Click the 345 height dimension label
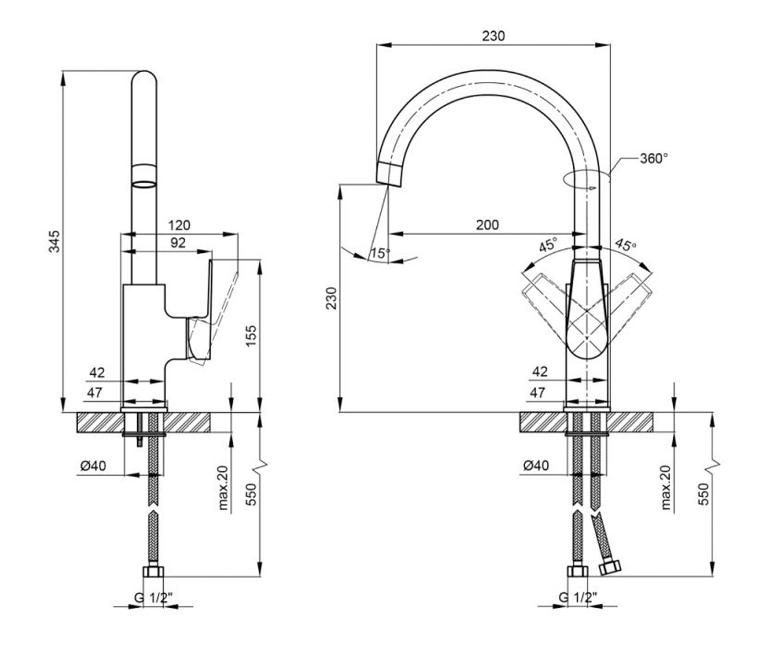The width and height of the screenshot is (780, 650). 55,241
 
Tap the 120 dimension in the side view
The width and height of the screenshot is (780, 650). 179,226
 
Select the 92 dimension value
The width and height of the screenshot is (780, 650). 178,243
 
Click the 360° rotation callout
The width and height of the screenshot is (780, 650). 654,159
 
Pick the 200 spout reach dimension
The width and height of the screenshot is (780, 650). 487,225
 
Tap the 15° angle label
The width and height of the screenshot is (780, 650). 380,253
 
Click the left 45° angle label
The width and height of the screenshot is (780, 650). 548,244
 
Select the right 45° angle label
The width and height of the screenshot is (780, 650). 626,244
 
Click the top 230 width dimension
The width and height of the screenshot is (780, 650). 493,36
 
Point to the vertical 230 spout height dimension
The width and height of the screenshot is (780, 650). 331,298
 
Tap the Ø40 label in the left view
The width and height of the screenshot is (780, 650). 93,466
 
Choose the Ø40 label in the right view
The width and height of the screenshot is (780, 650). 536,465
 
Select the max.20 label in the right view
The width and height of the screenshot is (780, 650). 666,488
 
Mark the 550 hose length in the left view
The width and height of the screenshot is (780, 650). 252,494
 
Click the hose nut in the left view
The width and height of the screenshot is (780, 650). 153,572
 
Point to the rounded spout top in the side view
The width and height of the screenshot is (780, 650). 144,77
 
